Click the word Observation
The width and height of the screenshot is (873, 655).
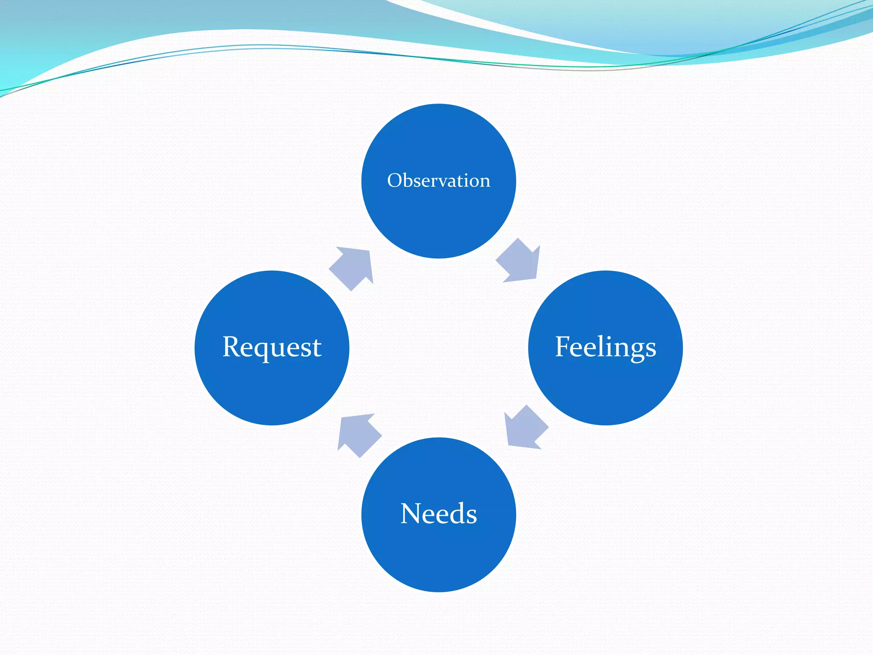click(439, 181)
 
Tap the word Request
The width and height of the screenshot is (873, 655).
click(272, 347)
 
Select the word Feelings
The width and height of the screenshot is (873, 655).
click(605, 347)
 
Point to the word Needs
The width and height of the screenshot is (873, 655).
click(439, 513)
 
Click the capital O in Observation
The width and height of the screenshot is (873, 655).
click(395, 181)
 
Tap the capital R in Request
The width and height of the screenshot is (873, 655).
click(233, 346)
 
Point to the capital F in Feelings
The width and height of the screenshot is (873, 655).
click(564, 346)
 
